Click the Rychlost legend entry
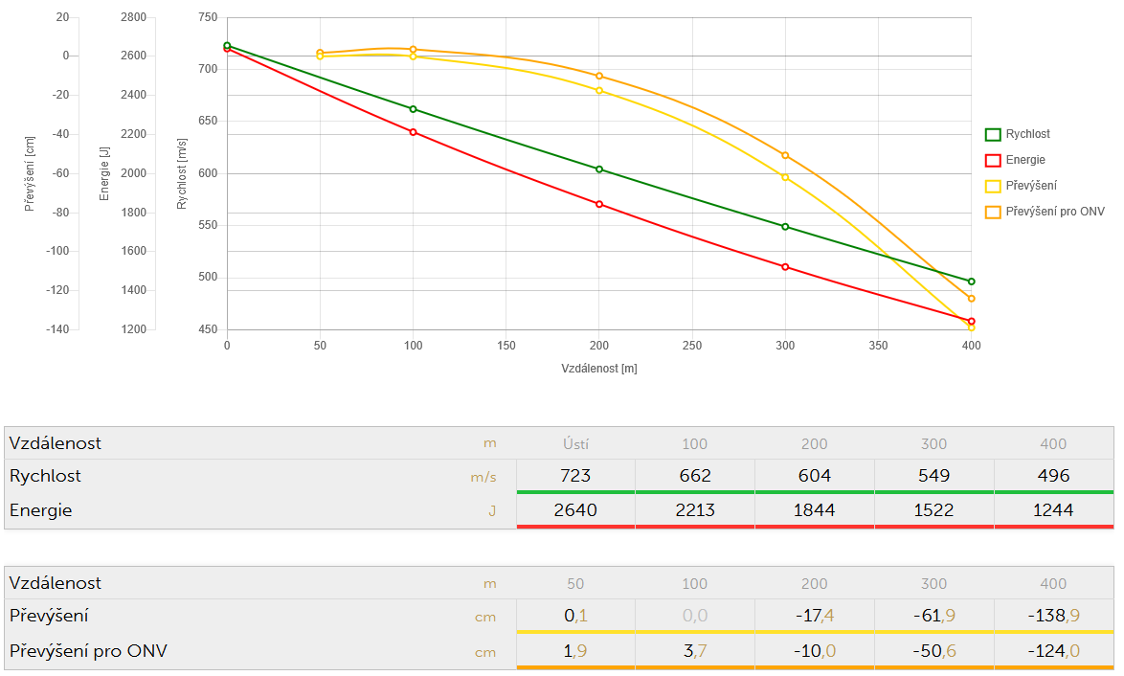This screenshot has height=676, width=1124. [1027, 135]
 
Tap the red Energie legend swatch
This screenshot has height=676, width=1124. [993, 161]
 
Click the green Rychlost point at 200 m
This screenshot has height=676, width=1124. [599, 169]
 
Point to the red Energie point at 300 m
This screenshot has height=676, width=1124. [785, 267]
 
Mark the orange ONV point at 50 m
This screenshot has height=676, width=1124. [320, 53]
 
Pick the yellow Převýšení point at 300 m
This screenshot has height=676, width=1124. [785, 177]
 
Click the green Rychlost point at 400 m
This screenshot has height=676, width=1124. [971, 282]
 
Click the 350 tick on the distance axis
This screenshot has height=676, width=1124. [878, 346]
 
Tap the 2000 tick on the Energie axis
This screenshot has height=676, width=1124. [134, 173]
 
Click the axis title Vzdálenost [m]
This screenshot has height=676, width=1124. [598, 369]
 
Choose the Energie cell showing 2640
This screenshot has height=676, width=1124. [574, 510]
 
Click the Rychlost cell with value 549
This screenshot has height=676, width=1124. [933, 476]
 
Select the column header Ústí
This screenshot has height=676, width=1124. [574, 443]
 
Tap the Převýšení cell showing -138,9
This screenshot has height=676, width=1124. [1053, 616]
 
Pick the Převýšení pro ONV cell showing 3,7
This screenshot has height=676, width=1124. [694, 651]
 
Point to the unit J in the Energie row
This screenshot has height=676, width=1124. [492, 511]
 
